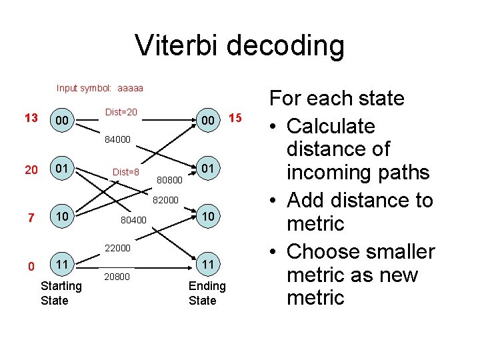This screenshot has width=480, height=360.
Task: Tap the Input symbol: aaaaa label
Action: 100,88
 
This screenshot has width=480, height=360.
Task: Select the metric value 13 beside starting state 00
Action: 31,119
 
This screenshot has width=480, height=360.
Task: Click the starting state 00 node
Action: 63,121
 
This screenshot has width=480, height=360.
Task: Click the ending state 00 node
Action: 209,121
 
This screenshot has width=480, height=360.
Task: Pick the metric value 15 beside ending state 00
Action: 234,119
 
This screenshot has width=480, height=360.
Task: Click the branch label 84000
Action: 117,140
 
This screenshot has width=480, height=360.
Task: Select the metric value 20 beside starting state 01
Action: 31,170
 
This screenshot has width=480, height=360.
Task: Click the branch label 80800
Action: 169,179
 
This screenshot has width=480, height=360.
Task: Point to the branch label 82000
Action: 166,199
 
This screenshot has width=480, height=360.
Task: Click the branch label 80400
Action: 133,219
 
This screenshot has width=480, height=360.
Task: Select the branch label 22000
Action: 117,248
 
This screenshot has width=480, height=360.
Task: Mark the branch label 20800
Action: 117,276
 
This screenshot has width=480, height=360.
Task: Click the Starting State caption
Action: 61,293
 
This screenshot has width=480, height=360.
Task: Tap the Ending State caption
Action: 207,293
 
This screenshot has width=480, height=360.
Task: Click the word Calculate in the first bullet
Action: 331,126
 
